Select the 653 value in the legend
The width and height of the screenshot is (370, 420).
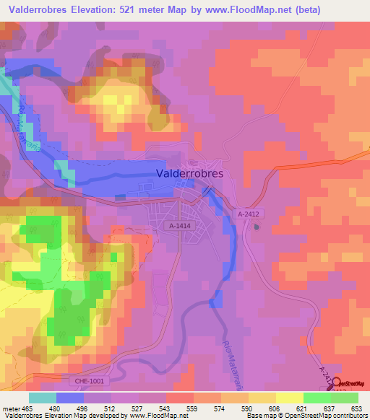[357, 409]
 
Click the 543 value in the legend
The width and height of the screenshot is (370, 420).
[165, 409]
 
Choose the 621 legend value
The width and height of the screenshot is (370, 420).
[302, 409]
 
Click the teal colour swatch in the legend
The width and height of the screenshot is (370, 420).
[43, 398]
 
